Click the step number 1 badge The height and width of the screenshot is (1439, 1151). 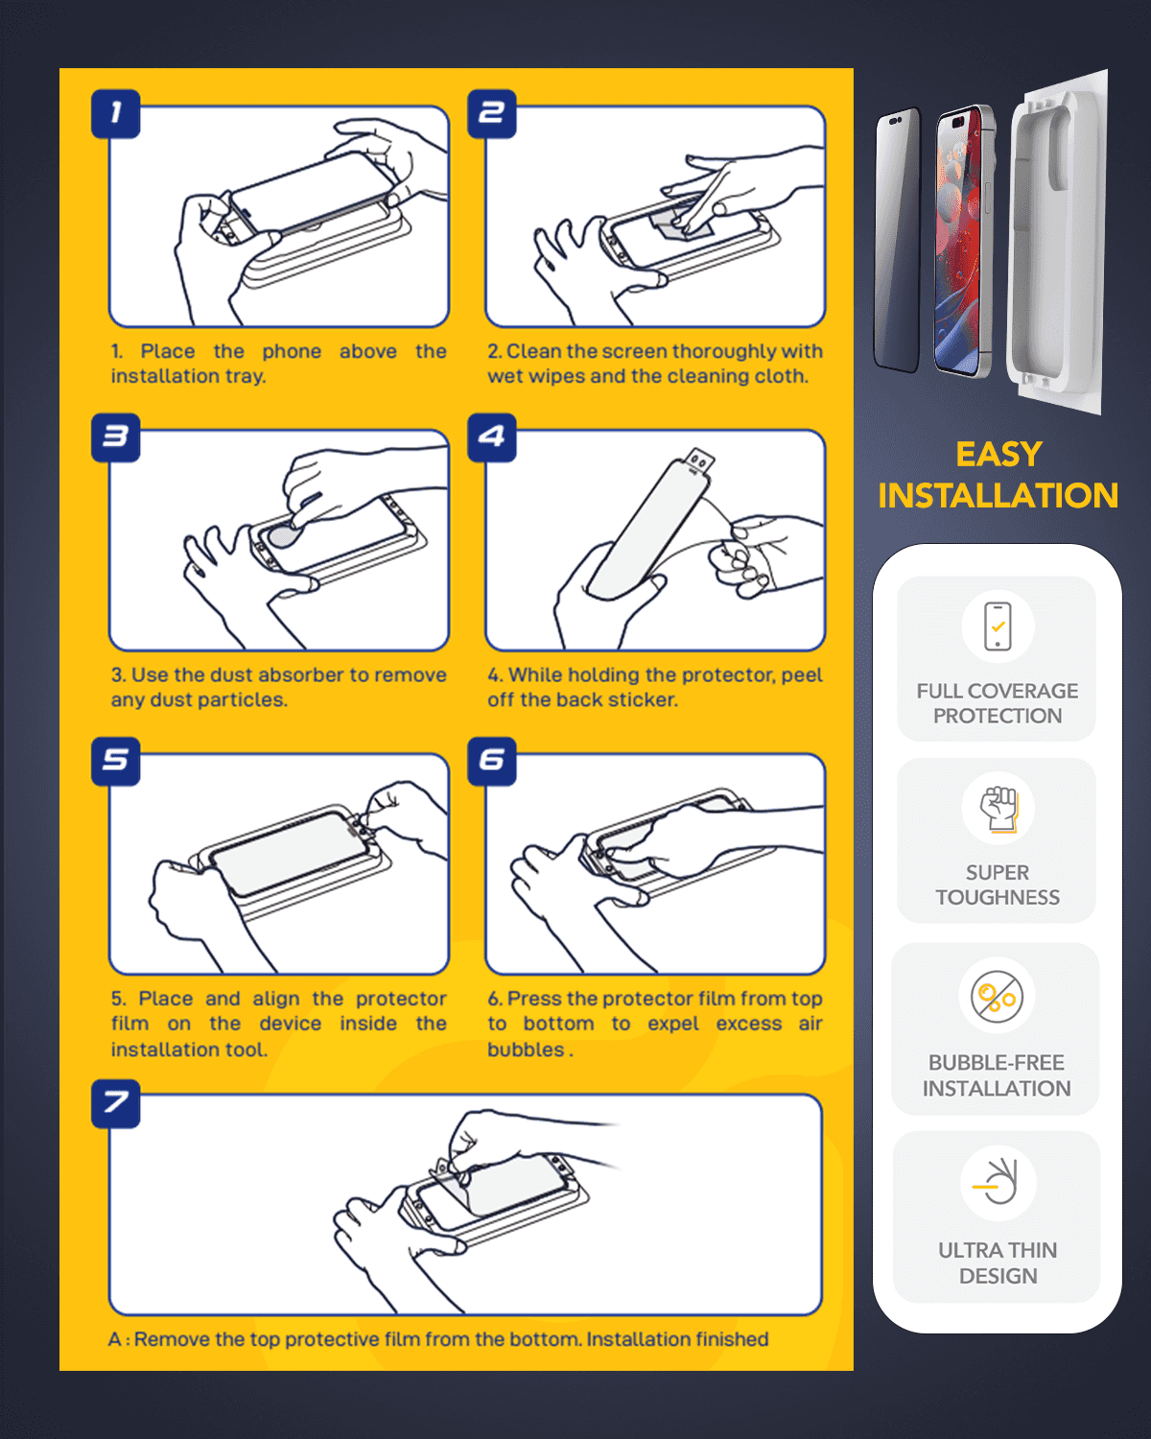[116, 113]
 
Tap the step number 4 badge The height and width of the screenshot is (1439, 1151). [491, 437]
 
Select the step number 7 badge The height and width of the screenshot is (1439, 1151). [116, 1103]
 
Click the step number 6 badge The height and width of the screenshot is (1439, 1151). [491, 761]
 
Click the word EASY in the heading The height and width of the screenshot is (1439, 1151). [998, 455]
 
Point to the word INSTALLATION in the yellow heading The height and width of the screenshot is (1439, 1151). [998, 495]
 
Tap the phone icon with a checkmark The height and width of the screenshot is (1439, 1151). [998, 626]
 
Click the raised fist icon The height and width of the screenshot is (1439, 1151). [998, 809]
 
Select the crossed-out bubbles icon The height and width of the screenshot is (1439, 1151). [997, 997]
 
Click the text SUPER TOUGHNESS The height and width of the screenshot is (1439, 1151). [998, 885]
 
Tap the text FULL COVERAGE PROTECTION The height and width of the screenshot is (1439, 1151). [998, 703]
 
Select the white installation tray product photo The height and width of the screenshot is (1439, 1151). [1057, 242]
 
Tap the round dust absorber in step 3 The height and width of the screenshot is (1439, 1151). [282, 536]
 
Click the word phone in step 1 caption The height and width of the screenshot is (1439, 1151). [292, 351]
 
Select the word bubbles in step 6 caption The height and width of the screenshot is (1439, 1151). [526, 1050]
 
